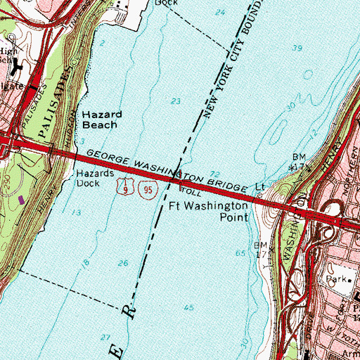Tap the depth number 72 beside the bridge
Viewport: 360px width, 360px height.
pos(214,173)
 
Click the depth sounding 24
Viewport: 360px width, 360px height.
pos(221,13)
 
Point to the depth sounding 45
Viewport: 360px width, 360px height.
pos(188,308)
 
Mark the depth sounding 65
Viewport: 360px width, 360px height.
pos(241,252)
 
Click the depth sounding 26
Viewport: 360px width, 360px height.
pos(124,263)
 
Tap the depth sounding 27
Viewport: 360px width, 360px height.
pos(105,337)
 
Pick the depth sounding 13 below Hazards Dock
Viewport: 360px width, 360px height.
pos(76,212)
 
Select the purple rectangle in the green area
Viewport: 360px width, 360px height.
pos(20,200)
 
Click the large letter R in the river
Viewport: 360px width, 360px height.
pos(130,309)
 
